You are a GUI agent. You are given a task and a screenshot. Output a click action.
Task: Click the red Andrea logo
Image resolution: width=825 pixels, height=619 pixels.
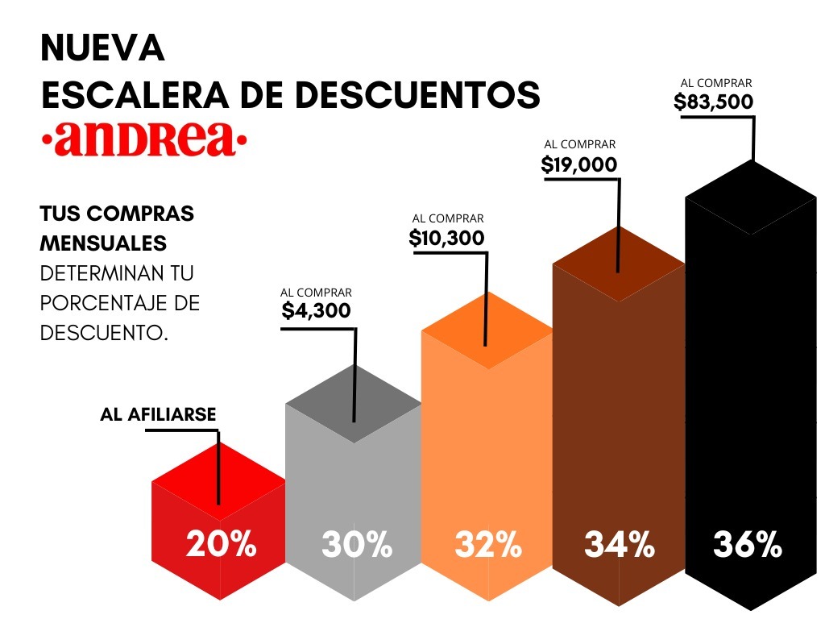(144, 139)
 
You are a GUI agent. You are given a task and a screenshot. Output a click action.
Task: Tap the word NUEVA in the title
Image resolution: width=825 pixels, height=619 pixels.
(102, 49)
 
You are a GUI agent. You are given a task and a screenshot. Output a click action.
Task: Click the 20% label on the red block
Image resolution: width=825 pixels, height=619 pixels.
(221, 545)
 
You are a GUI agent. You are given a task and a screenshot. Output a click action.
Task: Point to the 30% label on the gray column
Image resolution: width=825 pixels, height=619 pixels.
(356, 545)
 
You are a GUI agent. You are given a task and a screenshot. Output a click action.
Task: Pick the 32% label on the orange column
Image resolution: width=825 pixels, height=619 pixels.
(488, 545)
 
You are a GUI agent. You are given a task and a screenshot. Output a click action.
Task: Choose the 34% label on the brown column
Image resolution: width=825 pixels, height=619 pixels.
(619, 545)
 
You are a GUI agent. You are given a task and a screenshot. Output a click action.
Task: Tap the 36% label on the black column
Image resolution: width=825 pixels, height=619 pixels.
(748, 545)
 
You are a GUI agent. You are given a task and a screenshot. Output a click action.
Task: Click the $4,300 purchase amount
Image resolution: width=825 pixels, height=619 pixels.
(317, 311)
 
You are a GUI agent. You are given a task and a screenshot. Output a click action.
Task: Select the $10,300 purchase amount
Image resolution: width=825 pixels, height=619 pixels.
(446, 238)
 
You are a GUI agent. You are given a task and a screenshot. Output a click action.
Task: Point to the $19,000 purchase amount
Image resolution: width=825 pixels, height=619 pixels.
(579, 164)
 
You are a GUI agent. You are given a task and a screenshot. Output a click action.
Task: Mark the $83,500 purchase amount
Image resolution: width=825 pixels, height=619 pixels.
(714, 102)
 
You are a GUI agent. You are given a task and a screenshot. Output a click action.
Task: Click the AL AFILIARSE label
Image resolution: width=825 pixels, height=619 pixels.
(158, 415)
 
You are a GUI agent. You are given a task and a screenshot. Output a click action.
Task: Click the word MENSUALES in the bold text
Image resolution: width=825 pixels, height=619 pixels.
(104, 243)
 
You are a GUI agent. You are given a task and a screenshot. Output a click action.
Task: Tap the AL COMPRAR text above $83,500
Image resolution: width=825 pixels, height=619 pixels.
(715, 82)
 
